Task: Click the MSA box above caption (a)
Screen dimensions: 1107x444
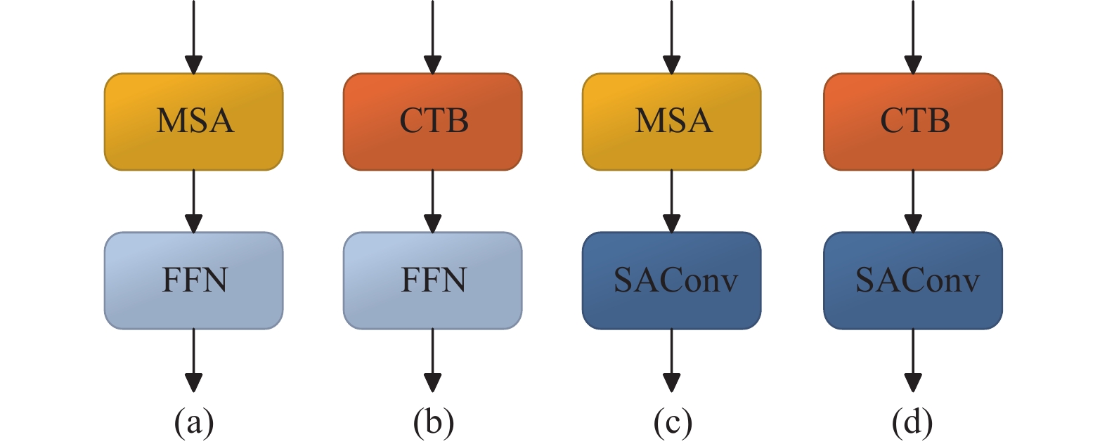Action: click(x=194, y=122)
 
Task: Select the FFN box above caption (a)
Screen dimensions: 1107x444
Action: click(x=194, y=280)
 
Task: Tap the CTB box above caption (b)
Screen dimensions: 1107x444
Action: click(x=432, y=122)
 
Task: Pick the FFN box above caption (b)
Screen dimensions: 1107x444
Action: click(x=432, y=280)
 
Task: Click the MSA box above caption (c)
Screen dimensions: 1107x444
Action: click(x=672, y=122)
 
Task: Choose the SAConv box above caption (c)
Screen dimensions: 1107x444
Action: click(x=672, y=280)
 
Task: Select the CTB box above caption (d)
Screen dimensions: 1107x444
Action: click(x=913, y=122)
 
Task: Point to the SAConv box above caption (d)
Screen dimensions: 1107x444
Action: click(x=913, y=280)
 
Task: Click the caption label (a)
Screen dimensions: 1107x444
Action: click(x=194, y=423)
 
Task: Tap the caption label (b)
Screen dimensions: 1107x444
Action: click(x=434, y=423)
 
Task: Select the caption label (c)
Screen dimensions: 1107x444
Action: click(x=673, y=423)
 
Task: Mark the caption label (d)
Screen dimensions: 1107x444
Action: click(x=912, y=423)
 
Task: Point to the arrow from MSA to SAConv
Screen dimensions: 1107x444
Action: click(x=672, y=202)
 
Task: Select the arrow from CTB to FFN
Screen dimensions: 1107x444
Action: click(x=432, y=202)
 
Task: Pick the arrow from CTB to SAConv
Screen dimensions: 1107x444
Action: click(x=913, y=202)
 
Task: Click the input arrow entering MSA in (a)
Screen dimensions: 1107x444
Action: click(x=194, y=37)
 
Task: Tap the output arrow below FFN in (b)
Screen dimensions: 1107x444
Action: click(x=432, y=360)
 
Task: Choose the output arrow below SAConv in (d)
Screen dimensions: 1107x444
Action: click(x=913, y=360)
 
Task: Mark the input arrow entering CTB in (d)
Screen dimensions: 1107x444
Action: click(x=913, y=37)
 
